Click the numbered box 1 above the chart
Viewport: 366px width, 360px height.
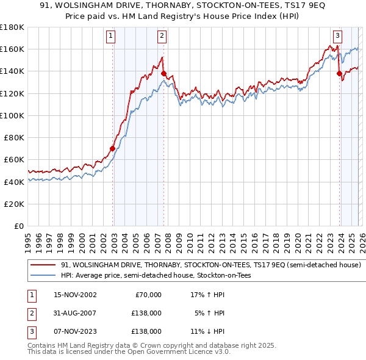click(111, 36)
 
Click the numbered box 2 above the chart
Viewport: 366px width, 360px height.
click(162, 36)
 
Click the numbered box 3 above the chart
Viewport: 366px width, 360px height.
click(338, 36)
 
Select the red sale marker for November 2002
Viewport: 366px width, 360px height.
click(113, 148)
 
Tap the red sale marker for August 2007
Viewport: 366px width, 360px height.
click(163, 73)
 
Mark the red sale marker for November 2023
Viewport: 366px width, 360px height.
click(339, 73)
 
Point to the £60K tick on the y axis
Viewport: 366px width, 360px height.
click(15, 159)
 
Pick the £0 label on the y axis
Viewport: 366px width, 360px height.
click(19, 226)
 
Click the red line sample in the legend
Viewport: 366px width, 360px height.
click(44, 265)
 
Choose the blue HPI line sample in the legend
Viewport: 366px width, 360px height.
click(44, 276)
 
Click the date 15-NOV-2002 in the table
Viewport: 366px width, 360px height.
click(75, 295)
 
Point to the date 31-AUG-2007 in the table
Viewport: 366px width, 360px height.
click(75, 313)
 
